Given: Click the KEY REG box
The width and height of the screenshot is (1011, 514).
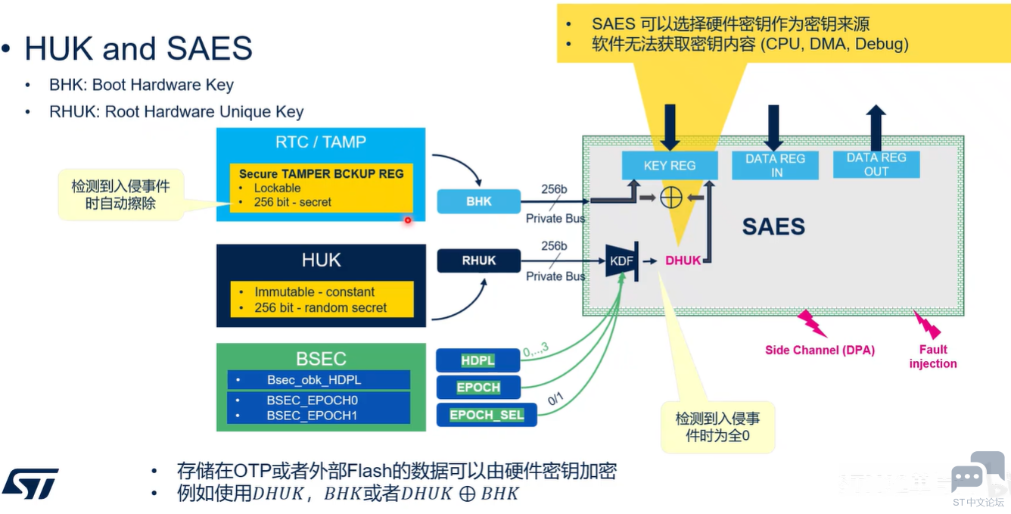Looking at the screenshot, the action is coord(670,165).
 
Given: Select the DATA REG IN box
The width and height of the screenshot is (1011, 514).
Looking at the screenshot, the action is coord(775,165).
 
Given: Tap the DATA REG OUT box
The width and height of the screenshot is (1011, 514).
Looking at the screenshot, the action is coord(876,164).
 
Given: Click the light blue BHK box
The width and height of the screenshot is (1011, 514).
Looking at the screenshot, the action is coord(479,201).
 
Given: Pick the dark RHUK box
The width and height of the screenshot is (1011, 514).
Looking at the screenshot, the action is coord(479,260).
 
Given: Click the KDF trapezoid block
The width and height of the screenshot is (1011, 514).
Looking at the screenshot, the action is coord(622,261).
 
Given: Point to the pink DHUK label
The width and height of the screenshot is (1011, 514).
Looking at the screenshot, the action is coord(683,260).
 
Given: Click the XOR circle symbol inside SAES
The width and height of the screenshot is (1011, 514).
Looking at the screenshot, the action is coord(671,198).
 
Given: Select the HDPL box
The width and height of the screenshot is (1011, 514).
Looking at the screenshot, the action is coord(478,360).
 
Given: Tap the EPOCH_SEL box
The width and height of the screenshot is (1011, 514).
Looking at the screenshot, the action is coord(487,415).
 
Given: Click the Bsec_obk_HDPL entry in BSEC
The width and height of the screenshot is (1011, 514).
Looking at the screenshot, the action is coord(319,380).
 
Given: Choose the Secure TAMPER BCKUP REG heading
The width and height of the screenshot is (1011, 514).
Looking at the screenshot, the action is coord(322,174).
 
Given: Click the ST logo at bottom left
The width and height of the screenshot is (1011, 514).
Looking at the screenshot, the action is coord(30,483).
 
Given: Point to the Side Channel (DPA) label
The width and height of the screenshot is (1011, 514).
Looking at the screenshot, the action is coord(820,350).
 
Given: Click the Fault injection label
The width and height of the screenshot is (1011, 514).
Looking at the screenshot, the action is coord(933,357).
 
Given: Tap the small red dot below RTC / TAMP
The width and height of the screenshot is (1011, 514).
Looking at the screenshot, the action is coord(408,220).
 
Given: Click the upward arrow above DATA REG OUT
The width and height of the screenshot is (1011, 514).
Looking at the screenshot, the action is coord(876,128).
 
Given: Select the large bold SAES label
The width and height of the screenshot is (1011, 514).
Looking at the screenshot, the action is coord(773,226).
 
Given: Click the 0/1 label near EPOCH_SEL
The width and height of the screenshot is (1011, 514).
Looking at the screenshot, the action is coord(555,399).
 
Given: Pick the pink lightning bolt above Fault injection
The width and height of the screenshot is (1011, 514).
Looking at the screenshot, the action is coord(927,324).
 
